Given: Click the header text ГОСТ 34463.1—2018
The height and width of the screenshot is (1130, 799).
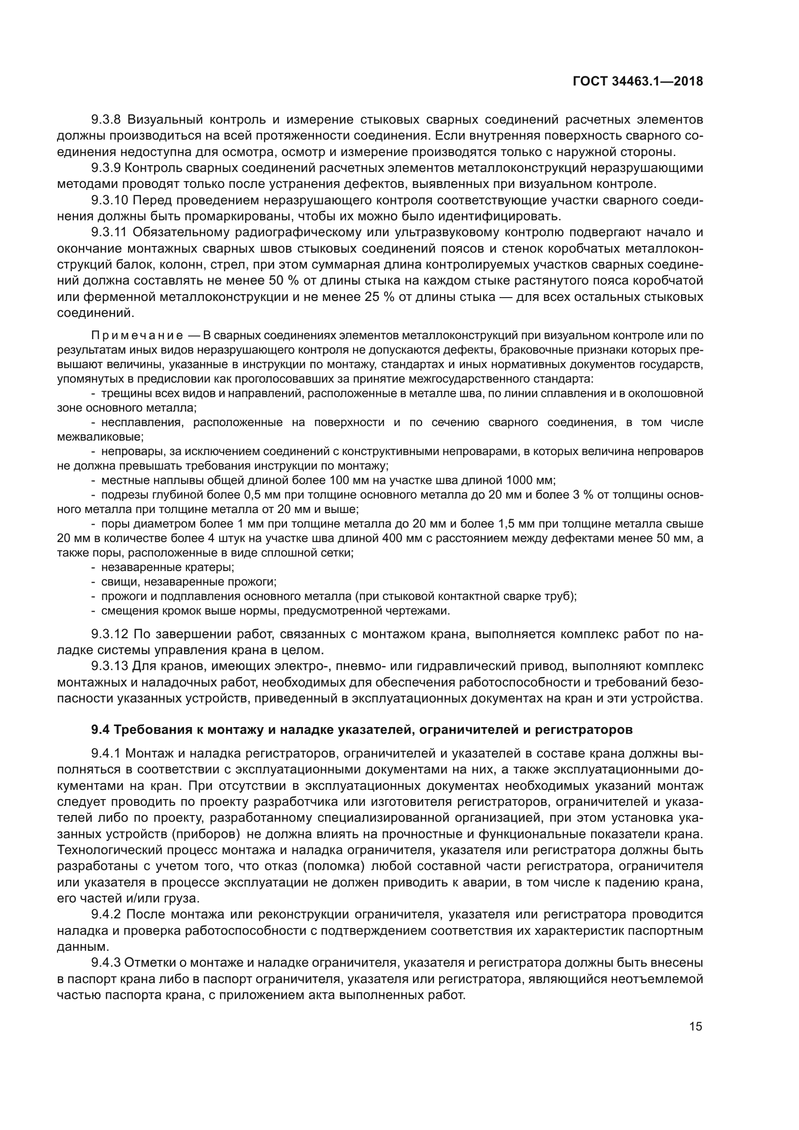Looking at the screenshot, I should tap(638, 81).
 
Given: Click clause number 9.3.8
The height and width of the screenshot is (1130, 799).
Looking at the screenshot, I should tap(106, 120).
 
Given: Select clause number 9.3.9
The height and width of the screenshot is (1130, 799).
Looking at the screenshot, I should tap(106, 168).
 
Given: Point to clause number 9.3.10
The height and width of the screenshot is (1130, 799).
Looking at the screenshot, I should tap(109, 200).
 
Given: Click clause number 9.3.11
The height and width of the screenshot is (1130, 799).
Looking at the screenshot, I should tap(109, 232).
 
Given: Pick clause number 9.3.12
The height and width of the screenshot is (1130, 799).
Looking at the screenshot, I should tap(109, 634).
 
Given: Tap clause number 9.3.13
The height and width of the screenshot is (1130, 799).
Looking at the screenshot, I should tap(109, 666).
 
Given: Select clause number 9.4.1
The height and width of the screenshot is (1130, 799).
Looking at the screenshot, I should tap(106, 754).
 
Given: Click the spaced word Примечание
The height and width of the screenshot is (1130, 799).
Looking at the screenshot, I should tap(137, 336).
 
